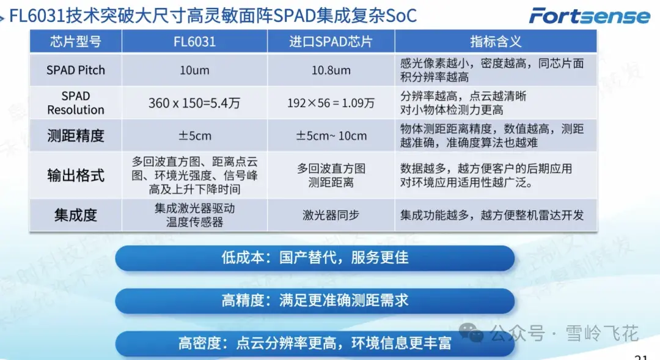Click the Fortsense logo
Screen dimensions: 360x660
(590, 15)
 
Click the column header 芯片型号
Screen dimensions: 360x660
(76, 42)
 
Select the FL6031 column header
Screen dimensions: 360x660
(194, 42)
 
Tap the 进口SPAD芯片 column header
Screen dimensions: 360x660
(331, 42)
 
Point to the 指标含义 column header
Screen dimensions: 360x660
(496, 42)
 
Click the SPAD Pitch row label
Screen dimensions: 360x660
(76, 70)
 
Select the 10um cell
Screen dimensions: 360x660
(194, 70)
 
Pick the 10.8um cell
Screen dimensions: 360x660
(331, 70)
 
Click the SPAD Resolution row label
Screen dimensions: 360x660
(76, 103)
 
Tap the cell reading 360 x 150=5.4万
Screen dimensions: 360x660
(194, 103)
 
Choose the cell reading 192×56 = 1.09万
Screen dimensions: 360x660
(331, 103)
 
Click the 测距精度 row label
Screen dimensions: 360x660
(76, 136)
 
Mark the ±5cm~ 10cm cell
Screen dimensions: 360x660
(331, 136)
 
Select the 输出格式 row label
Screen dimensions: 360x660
(76, 175)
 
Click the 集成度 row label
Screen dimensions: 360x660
(76, 215)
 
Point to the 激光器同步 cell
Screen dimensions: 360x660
(331, 215)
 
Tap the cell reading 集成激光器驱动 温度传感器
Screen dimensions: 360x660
(194, 215)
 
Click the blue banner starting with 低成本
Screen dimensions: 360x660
(315, 258)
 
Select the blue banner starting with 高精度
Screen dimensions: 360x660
(315, 301)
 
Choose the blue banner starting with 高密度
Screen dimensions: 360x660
(315, 343)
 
